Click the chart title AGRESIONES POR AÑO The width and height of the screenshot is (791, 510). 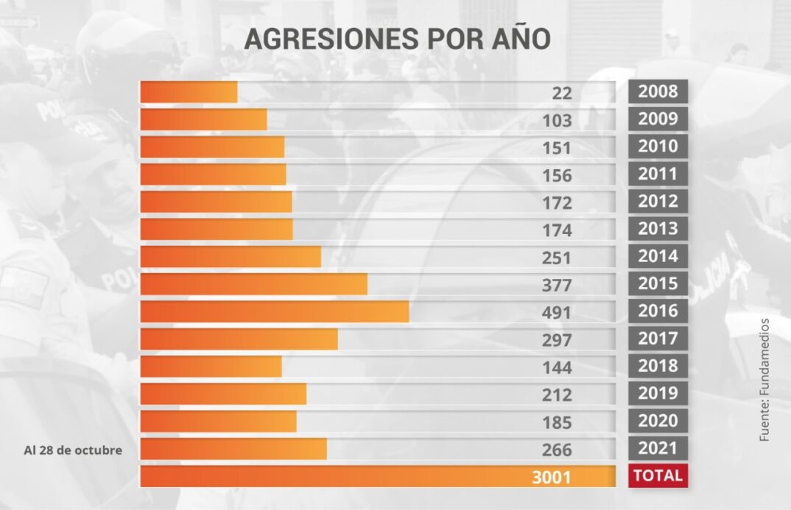[397, 39]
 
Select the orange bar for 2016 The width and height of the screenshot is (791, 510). [275, 311]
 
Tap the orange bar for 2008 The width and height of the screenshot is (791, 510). [189, 92]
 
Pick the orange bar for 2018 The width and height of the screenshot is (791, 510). [211, 366]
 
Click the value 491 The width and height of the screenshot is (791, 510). [557, 313]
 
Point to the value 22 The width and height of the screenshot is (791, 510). [562, 93]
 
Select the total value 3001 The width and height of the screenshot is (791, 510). [552, 477]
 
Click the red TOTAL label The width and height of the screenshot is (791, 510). [658, 475]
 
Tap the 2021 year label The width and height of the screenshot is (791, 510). [658, 447]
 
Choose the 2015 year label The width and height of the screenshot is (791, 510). [658, 283]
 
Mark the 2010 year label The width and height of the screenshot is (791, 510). [658, 146]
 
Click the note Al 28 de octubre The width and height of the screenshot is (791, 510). [73, 450]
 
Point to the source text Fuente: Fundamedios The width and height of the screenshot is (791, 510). [764, 380]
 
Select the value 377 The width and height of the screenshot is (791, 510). [557, 286]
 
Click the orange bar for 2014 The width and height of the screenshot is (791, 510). [231, 257]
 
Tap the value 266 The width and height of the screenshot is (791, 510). [557, 450]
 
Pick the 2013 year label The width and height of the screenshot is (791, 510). [658, 228]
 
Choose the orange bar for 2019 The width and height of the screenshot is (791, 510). [223, 394]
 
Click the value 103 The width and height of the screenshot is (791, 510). [557, 121]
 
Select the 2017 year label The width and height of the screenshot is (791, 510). [658, 338]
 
